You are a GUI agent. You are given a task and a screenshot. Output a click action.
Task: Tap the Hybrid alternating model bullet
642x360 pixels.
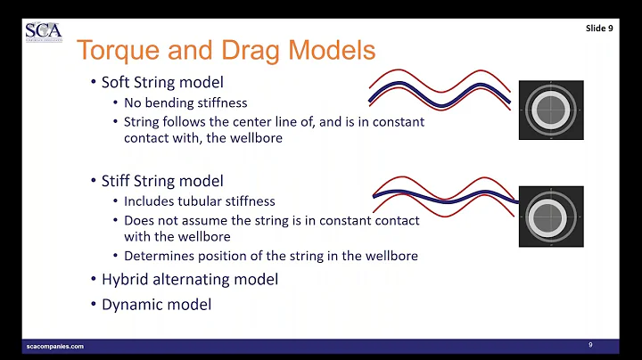coord(189,279)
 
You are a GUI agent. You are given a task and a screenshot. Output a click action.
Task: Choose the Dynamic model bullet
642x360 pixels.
coord(157,304)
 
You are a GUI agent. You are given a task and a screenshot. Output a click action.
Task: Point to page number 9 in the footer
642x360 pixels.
coord(590,344)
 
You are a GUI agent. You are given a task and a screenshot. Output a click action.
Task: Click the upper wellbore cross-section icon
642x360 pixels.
coord(551,110)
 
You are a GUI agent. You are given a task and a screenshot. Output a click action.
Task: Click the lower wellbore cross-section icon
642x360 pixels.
coord(551,217)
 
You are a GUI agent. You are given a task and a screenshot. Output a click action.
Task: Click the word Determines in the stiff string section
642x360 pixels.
coord(155,256)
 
